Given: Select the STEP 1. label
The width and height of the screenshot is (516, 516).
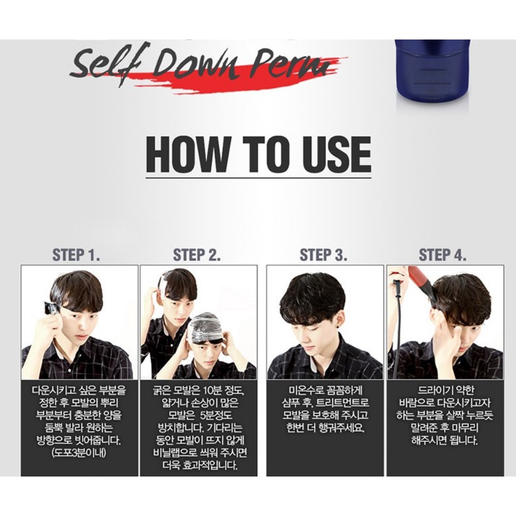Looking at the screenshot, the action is tap(76, 255).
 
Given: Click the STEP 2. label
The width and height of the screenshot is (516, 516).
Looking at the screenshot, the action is tap(197, 255).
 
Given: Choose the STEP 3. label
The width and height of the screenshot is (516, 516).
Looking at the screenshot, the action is tap(323, 255).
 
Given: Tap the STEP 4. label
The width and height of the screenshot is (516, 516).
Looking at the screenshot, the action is tap(442, 255).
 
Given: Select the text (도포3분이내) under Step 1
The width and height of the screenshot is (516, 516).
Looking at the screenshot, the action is tap(78, 453).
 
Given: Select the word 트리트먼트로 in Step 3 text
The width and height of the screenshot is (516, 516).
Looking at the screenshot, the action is tap(344, 403).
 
